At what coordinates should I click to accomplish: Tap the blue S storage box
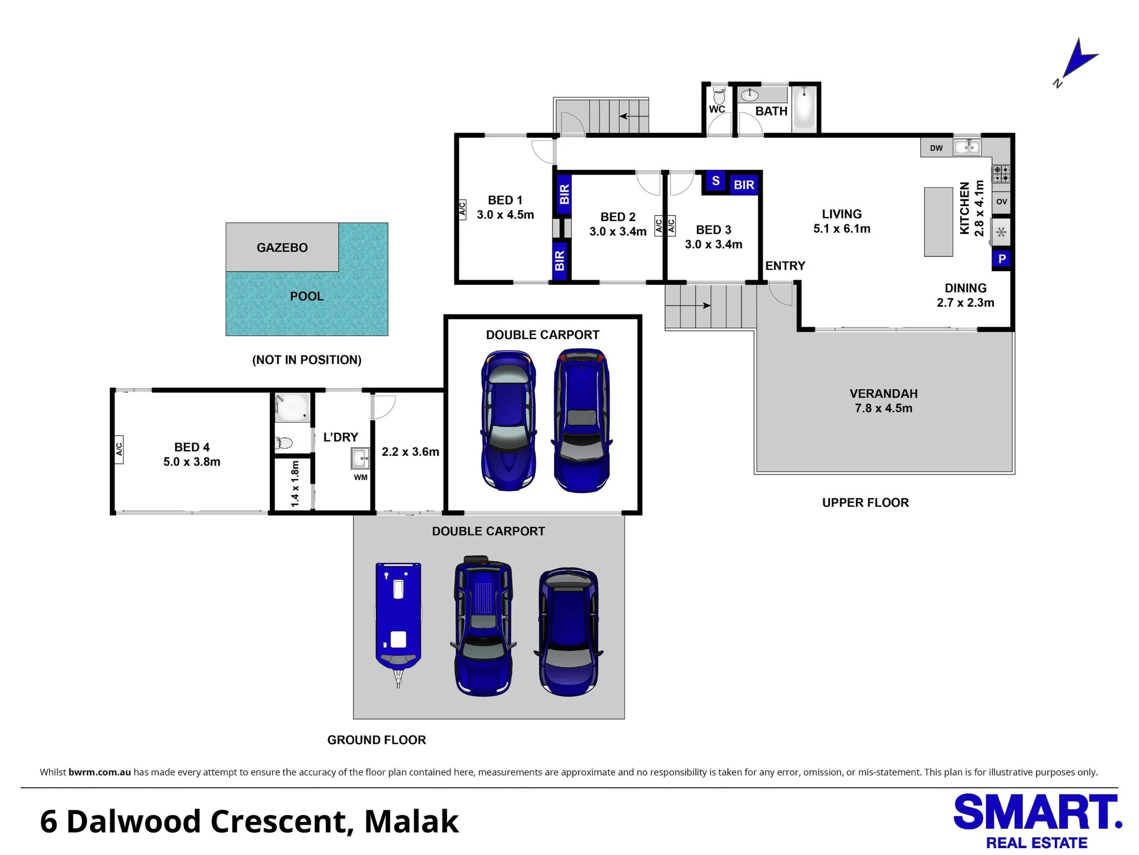716,181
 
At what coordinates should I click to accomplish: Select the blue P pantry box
1002,259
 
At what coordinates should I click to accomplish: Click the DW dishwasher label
936,148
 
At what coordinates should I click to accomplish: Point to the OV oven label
1002,202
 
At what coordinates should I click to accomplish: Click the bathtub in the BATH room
805,108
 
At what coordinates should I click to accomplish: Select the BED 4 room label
192,455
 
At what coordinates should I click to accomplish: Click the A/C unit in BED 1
462,210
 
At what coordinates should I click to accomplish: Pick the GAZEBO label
282,248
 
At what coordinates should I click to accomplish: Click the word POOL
307,296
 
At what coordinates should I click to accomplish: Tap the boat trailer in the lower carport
399,624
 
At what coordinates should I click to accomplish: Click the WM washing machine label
360,477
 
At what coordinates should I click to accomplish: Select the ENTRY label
785,266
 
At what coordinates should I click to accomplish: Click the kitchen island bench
939,222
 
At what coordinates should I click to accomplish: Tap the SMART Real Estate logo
1038,821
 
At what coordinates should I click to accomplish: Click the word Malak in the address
411,821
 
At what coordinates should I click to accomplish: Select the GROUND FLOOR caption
376,740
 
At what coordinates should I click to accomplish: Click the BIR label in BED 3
744,185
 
